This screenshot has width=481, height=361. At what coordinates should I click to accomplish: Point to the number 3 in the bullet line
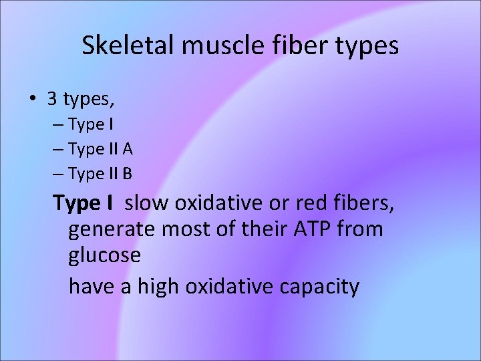(52, 100)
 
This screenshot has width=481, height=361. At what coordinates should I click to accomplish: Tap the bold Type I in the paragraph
(84, 202)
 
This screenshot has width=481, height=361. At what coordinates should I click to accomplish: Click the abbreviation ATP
(310, 229)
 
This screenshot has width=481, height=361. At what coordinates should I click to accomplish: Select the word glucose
(105, 256)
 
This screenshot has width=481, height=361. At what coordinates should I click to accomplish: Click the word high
(159, 287)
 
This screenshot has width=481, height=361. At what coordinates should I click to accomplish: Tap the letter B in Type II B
(128, 174)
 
